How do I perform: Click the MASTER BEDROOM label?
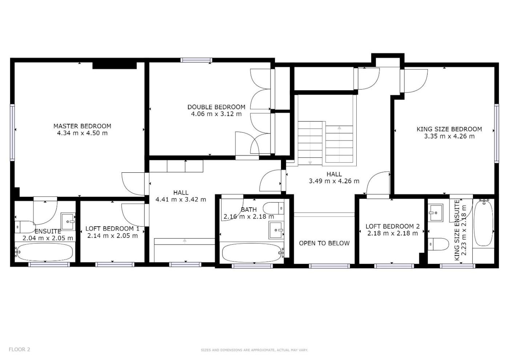tap(82, 126)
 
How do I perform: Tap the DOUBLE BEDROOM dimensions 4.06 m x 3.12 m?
tap(216, 114)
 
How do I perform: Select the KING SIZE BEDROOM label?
tap(449, 129)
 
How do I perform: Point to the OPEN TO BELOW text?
tap(324, 243)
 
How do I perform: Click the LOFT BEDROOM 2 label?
tap(392, 226)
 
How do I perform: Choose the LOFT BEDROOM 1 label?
tap(112, 229)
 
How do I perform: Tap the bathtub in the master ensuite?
tap(45, 252)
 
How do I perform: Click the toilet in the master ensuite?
tap(25, 227)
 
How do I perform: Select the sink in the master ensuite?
tap(68, 221)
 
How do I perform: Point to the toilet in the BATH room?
tap(273, 208)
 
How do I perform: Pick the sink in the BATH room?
tap(276, 230)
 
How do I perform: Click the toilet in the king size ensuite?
tap(438, 244)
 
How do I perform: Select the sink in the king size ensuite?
tap(436, 213)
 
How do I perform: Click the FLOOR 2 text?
tap(19, 349)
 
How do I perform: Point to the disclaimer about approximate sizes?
tap(254, 350)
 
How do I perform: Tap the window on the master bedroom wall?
tap(12, 132)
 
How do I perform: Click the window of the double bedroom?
tap(197, 60)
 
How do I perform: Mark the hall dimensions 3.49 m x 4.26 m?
tap(334, 181)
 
